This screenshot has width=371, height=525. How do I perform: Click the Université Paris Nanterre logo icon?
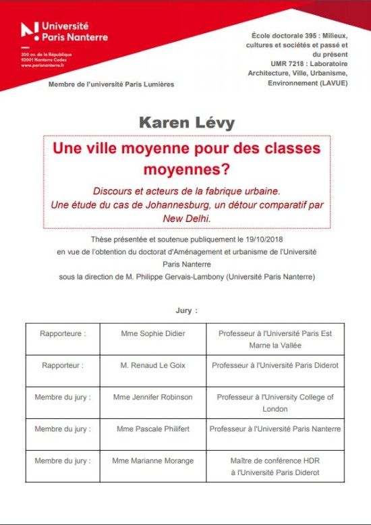[29, 30]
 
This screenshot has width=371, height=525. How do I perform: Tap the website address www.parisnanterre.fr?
[36, 65]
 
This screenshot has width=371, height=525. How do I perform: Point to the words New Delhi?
[188, 219]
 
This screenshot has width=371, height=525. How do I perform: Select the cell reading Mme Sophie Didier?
[153, 333]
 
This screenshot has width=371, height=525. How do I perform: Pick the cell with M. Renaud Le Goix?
[153, 366]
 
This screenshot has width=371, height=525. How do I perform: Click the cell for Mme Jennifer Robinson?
[153, 397]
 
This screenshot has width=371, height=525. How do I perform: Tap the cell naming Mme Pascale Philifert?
[153, 429]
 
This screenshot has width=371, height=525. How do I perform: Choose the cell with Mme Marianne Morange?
[153, 462]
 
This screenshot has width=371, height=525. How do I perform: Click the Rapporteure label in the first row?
[63, 333]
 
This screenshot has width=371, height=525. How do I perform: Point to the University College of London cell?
[275, 403]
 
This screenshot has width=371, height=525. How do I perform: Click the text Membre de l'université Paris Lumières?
[111, 84]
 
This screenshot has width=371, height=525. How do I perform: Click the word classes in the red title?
[291, 146]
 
